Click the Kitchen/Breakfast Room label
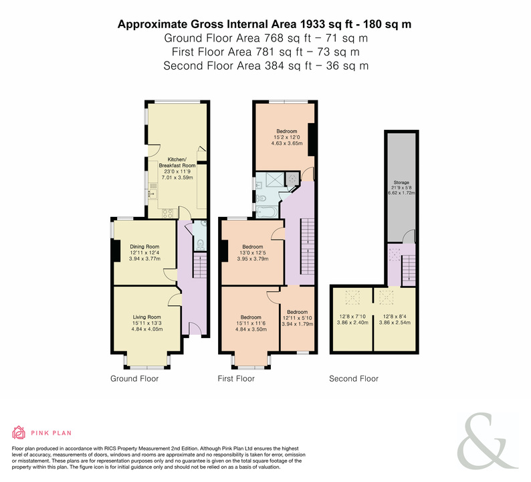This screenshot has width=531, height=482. pos(177,163)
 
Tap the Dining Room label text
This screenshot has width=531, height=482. pos(144,247)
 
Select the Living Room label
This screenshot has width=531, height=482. pos(147,317)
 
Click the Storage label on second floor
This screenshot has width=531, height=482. pos(401,182)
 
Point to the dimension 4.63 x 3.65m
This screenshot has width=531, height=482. pos(287,143)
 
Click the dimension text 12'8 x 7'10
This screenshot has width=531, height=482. pos(352,317)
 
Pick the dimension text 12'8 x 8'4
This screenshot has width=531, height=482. pos(395,317)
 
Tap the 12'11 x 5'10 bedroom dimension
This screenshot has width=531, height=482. pos(298,318)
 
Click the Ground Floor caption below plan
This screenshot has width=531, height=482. pos(134,379)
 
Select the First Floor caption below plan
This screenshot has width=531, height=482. pos(236,379)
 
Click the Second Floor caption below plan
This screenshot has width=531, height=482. pos(354,379)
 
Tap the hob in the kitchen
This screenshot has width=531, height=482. pos(168,213)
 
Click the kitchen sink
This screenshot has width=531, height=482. pos(152,194)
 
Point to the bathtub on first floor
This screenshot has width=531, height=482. pos(267,212)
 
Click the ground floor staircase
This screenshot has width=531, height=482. pos(200,267)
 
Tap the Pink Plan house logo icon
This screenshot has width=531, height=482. pos(19,432)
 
